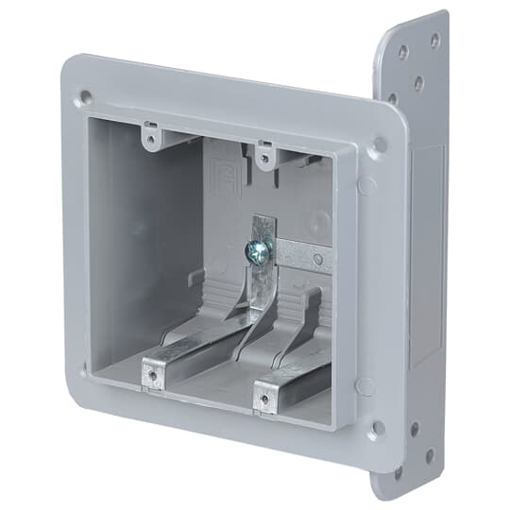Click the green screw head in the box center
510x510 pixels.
click(x=257, y=249)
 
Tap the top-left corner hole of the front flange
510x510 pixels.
click(x=86, y=96)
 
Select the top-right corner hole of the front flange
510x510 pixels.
click(x=379, y=145)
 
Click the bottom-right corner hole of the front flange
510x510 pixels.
click(x=378, y=427)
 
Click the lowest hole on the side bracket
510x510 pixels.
click(x=398, y=470)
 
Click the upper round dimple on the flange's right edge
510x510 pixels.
click(x=365, y=185)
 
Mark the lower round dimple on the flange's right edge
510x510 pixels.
click(x=365, y=386)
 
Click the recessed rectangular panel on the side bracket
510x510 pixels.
click(x=427, y=255)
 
